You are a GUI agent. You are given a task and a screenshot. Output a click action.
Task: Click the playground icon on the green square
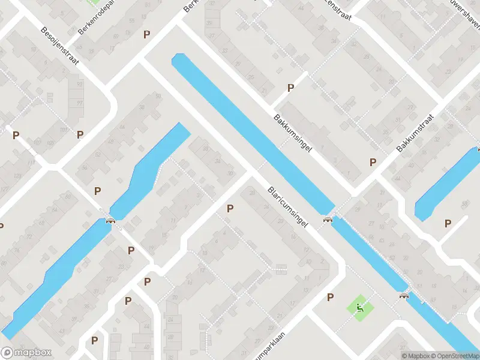click(360, 308)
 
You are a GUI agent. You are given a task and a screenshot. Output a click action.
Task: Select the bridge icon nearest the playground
click(404, 295)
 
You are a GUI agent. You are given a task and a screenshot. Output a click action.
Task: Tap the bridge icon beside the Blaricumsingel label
click(328, 219)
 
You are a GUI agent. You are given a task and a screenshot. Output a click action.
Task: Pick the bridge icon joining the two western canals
click(110, 220)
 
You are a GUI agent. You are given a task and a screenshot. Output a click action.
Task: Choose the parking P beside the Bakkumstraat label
click(373, 162)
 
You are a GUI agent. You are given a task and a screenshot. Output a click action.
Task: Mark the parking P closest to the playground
click(330, 297)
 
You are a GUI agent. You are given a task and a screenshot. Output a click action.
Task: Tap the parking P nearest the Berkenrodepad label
click(146, 34)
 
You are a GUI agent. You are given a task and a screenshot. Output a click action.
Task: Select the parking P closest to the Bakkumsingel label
click(291, 88)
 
